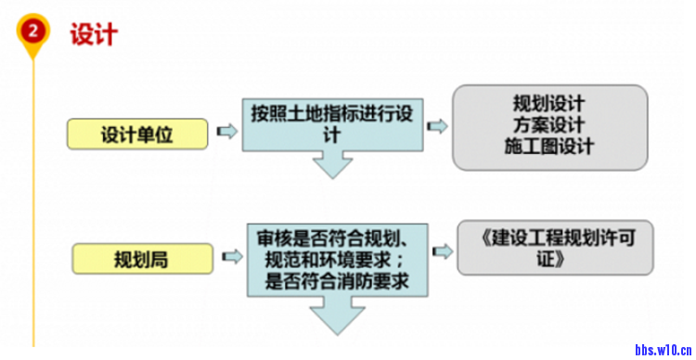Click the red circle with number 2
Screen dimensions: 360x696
coord(34,31)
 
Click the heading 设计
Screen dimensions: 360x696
coord(93,34)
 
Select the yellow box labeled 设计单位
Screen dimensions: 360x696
coord(137,134)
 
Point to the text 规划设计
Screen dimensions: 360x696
coord(548,102)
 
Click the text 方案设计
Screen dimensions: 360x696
coord(548,124)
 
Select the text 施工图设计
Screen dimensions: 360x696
coord(548,147)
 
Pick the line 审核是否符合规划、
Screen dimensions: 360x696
coord(338,238)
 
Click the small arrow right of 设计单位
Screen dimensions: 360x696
coord(225,133)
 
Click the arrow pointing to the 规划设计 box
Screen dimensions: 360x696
coord(437,126)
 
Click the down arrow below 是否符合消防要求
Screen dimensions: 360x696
coord(336,317)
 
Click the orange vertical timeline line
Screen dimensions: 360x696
coord(34,204)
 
